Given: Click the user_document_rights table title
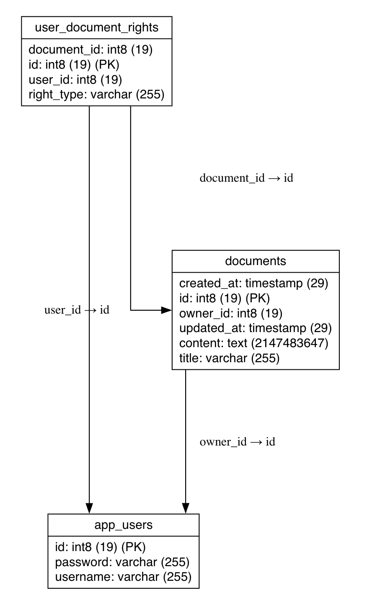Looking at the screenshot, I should pyautogui.click(x=97, y=28).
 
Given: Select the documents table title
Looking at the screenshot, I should pyautogui.click(x=256, y=261).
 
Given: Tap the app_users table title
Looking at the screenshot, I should pyautogui.click(x=124, y=525).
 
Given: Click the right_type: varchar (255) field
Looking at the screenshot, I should pyautogui.click(x=96, y=94).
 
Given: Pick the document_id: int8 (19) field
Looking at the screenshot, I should pyautogui.click(x=90, y=50).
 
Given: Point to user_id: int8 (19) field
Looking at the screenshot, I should pyautogui.click(x=75, y=80).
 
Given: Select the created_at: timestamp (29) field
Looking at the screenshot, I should pyautogui.click(x=253, y=283).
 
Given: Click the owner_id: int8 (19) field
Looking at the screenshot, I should pyautogui.click(x=231, y=313).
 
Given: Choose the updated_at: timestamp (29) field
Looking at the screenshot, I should pyautogui.click(x=256, y=328).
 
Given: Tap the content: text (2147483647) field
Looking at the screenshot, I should pyautogui.click(x=253, y=343).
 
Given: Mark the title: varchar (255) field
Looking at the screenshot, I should pyautogui.click(x=229, y=358).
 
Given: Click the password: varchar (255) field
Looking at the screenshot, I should pyautogui.click(x=122, y=562).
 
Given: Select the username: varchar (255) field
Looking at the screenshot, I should pyautogui.click(x=123, y=577).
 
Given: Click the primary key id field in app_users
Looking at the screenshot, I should pyautogui.click(x=101, y=546).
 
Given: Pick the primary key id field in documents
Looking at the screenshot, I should pyautogui.click(x=225, y=298).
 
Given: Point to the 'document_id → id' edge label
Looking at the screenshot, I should pyautogui.click(x=246, y=178).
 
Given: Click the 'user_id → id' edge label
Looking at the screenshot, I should pyautogui.click(x=77, y=310).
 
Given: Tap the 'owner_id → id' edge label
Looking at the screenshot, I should pyautogui.click(x=237, y=442).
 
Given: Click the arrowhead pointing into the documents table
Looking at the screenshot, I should pyautogui.click(x=167, y=310).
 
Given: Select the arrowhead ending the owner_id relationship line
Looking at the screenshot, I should pyautogui.click(x=186, y=508).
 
